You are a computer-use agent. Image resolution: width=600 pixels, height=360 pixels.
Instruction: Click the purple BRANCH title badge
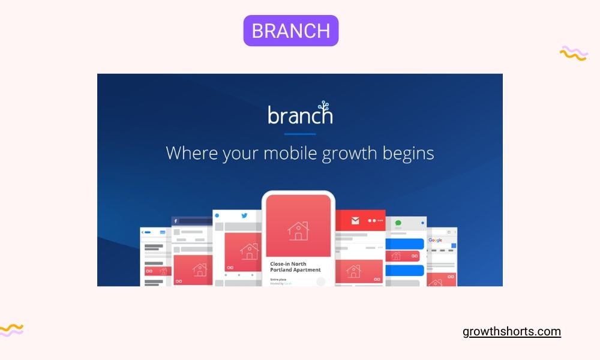tap(291, 31)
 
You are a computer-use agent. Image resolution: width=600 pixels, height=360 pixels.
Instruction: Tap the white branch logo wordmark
tap(299, 114)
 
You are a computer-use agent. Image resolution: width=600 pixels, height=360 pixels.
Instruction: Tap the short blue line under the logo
tap(299, 134)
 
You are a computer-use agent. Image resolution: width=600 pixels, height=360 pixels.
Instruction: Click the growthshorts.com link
tap(512, 332)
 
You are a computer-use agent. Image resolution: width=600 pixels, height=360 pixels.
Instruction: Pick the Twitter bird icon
tap(245, 215)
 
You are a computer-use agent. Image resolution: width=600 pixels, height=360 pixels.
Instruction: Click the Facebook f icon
tap(176, 221)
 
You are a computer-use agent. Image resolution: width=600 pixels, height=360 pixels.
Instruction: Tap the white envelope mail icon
tap(355, 221)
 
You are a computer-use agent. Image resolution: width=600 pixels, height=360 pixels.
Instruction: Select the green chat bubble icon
tap(398, 223)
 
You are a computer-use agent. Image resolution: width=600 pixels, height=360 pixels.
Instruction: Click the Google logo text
tap(435, 240)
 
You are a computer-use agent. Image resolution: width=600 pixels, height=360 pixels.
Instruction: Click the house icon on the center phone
tap(298, 230)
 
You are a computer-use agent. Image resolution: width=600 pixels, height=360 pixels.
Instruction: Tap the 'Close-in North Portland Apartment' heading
tap(295, 267)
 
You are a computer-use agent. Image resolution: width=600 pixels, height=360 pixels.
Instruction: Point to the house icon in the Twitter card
tap(249, 251)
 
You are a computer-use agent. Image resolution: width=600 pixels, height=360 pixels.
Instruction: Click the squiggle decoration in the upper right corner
tap(573, 53)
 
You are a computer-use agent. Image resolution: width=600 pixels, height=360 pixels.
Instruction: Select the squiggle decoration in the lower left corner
tap(12, 329)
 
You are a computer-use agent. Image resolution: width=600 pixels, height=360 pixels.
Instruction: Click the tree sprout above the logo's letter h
tap(325, 105)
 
